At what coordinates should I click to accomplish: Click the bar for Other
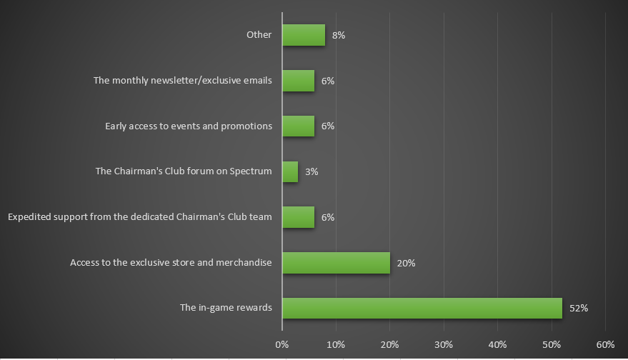(304, 35)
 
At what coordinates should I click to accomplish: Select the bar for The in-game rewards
(422, 309)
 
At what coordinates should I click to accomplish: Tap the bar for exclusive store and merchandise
(336, 263)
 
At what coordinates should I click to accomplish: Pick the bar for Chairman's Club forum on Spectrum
(290, 171)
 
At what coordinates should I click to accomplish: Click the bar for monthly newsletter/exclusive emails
(298, 81)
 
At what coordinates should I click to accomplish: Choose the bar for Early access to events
(298, 126)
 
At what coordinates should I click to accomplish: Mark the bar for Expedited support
(298, 217)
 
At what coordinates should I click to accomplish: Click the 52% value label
(578, 309)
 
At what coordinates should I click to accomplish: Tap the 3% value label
(311, 171)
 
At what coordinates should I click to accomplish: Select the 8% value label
(339, 35)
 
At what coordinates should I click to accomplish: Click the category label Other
(259, 34)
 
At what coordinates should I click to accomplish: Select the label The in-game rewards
(226, 308)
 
